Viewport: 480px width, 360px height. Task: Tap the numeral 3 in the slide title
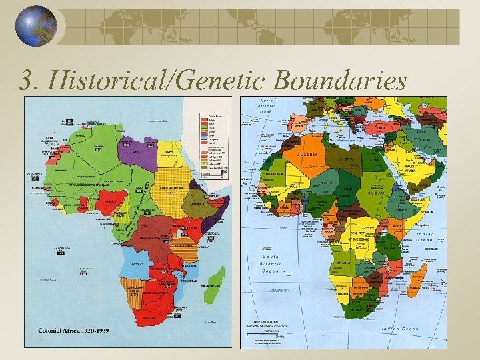(x=26, y=81)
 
